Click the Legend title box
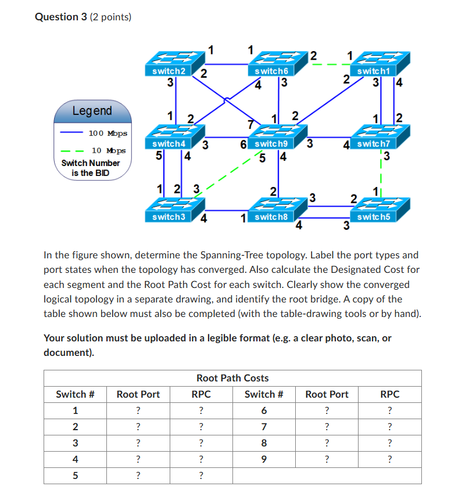click(92, 110)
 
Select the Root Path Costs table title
click(232, 378)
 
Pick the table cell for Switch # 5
click(75, 475)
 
